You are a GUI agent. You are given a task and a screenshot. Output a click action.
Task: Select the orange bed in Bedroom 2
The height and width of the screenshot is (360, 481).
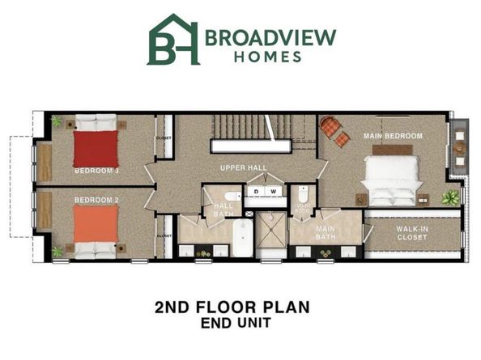click(96, 227)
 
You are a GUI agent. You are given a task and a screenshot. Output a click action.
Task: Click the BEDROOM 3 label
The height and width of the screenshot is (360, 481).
click(96, 171)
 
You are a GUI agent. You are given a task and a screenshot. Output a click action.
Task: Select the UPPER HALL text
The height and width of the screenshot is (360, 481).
click(244, 168)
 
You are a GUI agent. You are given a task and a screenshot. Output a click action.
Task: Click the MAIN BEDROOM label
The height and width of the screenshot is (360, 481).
click(393, 136)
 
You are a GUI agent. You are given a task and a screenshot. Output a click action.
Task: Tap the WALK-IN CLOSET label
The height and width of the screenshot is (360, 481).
click(412, 233)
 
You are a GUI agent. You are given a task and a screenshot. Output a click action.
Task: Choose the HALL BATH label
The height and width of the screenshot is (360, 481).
click(223, 210)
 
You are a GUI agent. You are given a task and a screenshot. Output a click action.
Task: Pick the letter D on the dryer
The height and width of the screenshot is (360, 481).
click(257, 192)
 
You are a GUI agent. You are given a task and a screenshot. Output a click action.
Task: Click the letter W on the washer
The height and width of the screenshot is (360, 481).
click(274, 192)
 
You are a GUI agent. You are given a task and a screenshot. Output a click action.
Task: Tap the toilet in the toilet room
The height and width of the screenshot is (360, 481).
click(302, 195)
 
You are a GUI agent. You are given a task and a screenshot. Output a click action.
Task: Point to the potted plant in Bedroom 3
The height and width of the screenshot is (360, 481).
click(57, 121)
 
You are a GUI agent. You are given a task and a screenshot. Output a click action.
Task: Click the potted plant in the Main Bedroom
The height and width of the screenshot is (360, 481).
click(450, 197)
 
